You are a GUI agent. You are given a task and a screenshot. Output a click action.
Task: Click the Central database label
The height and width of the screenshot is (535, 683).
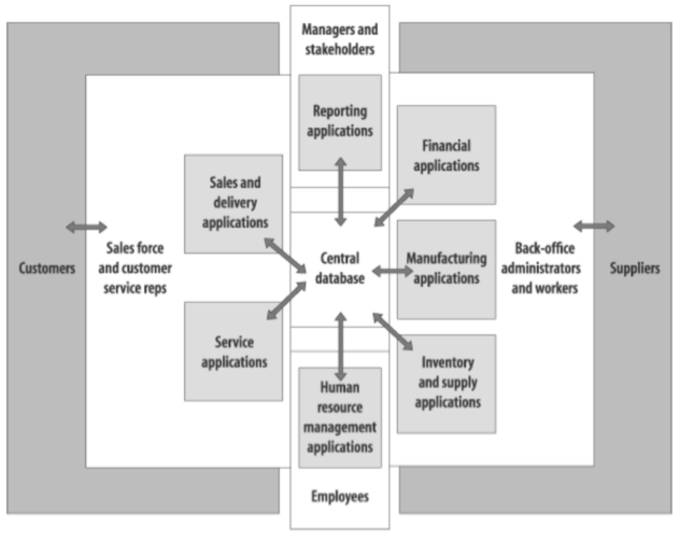coord(340,268)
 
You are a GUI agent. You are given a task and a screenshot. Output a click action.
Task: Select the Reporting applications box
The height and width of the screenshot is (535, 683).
coord(340,122)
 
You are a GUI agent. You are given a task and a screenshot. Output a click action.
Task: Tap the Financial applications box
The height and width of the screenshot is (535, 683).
coord(446,155)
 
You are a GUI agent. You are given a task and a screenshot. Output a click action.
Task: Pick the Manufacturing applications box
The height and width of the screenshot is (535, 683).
coord(446,269)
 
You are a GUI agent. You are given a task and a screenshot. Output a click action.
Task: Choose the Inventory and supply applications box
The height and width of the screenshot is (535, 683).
coord(446,383)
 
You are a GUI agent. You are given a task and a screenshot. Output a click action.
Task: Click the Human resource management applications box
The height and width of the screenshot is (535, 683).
coord(340,417)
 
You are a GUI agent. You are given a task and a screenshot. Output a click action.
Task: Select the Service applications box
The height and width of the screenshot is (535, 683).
coord(234,352)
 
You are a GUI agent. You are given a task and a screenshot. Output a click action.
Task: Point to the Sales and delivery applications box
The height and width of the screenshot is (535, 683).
coord(234,203)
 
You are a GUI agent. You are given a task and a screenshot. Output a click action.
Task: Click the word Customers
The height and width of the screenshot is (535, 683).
coord(47,268)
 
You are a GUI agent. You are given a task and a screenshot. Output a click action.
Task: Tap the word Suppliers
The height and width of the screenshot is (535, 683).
coord(635,268)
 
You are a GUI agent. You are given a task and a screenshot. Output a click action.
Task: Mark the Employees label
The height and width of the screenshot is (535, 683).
coord(340,496)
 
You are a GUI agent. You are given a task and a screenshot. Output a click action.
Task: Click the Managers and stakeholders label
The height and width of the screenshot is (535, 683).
coord(340,39)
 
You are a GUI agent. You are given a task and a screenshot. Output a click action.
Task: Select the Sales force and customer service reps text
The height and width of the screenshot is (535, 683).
coord(135,268)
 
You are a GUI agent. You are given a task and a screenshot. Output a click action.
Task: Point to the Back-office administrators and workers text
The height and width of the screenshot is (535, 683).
coord(542,268)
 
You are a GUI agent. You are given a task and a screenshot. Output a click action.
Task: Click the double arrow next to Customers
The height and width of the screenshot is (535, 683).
coord(86,228)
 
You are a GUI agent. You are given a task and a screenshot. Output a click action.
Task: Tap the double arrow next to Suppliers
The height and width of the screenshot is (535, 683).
coord(594,227)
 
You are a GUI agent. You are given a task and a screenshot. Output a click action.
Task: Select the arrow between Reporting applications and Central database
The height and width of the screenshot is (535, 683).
coord(341,192)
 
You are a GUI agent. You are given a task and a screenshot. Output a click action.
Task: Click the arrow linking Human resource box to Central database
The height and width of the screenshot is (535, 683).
coord(341,346)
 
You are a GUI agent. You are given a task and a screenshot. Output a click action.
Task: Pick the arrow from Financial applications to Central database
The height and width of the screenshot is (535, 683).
coord(394,208)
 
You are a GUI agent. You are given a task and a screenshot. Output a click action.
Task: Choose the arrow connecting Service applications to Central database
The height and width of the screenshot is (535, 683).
coord(286,301)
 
